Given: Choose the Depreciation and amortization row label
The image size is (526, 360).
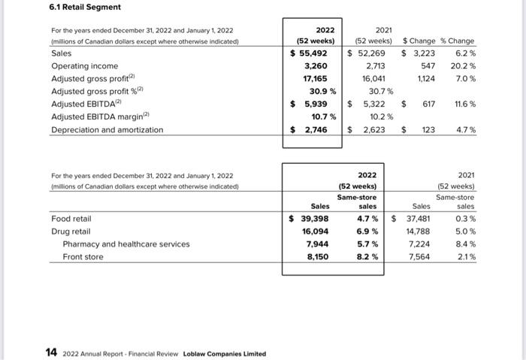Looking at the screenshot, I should pyautogui.click(x=107, y=129).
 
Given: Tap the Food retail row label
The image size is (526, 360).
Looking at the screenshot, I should pyautogui.click(x=71, y=219).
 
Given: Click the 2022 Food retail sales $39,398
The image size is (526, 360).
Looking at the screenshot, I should pyautogui.click(x=310, y=219).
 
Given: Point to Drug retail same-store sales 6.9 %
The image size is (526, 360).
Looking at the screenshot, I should pyautogui.click(x=367, y=231).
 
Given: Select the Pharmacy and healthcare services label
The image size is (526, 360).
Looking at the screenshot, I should pyautogui.click(x=126, y=244).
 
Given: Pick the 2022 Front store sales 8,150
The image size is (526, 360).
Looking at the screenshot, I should pyautogui.click(x=319, y=257).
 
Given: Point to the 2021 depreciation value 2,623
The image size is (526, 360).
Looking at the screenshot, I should pyautogui.click(x=371, y=129).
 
